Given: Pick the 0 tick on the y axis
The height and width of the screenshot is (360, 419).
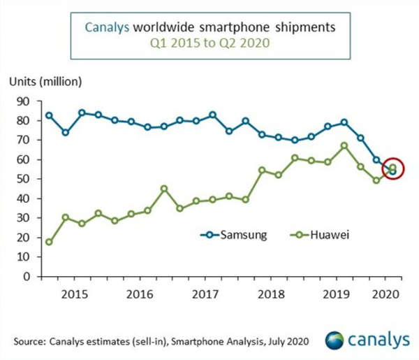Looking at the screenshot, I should pyautogui.click(x=26, y=276).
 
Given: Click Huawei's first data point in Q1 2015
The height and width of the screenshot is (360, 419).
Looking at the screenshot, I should pyautogui.click(x=49, y=242).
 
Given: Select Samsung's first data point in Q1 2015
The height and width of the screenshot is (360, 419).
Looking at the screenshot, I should pyautogui.click(x=49, y=115).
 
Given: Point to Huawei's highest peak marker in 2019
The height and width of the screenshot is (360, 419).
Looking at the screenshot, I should pyautogui.click(x=344, y=146).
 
